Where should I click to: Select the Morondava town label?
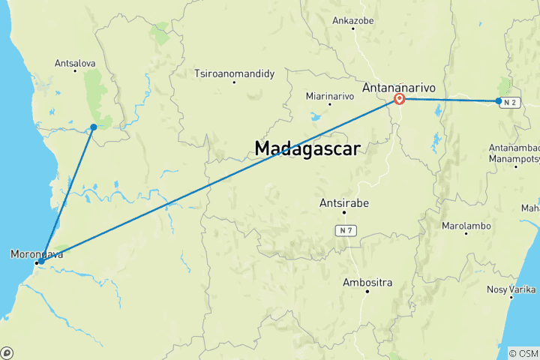[37, 254]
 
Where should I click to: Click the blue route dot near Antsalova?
[94, 127]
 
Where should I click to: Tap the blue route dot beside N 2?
[499, 100]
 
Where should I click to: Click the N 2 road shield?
[511, 101]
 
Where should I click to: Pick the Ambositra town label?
[367, 282]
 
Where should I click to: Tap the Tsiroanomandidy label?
[235, 73]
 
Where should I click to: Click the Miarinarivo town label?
[329, 96]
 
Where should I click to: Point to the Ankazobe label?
[352, 20]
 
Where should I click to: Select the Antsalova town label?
[73, 64]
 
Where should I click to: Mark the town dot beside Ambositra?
[367, 292]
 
